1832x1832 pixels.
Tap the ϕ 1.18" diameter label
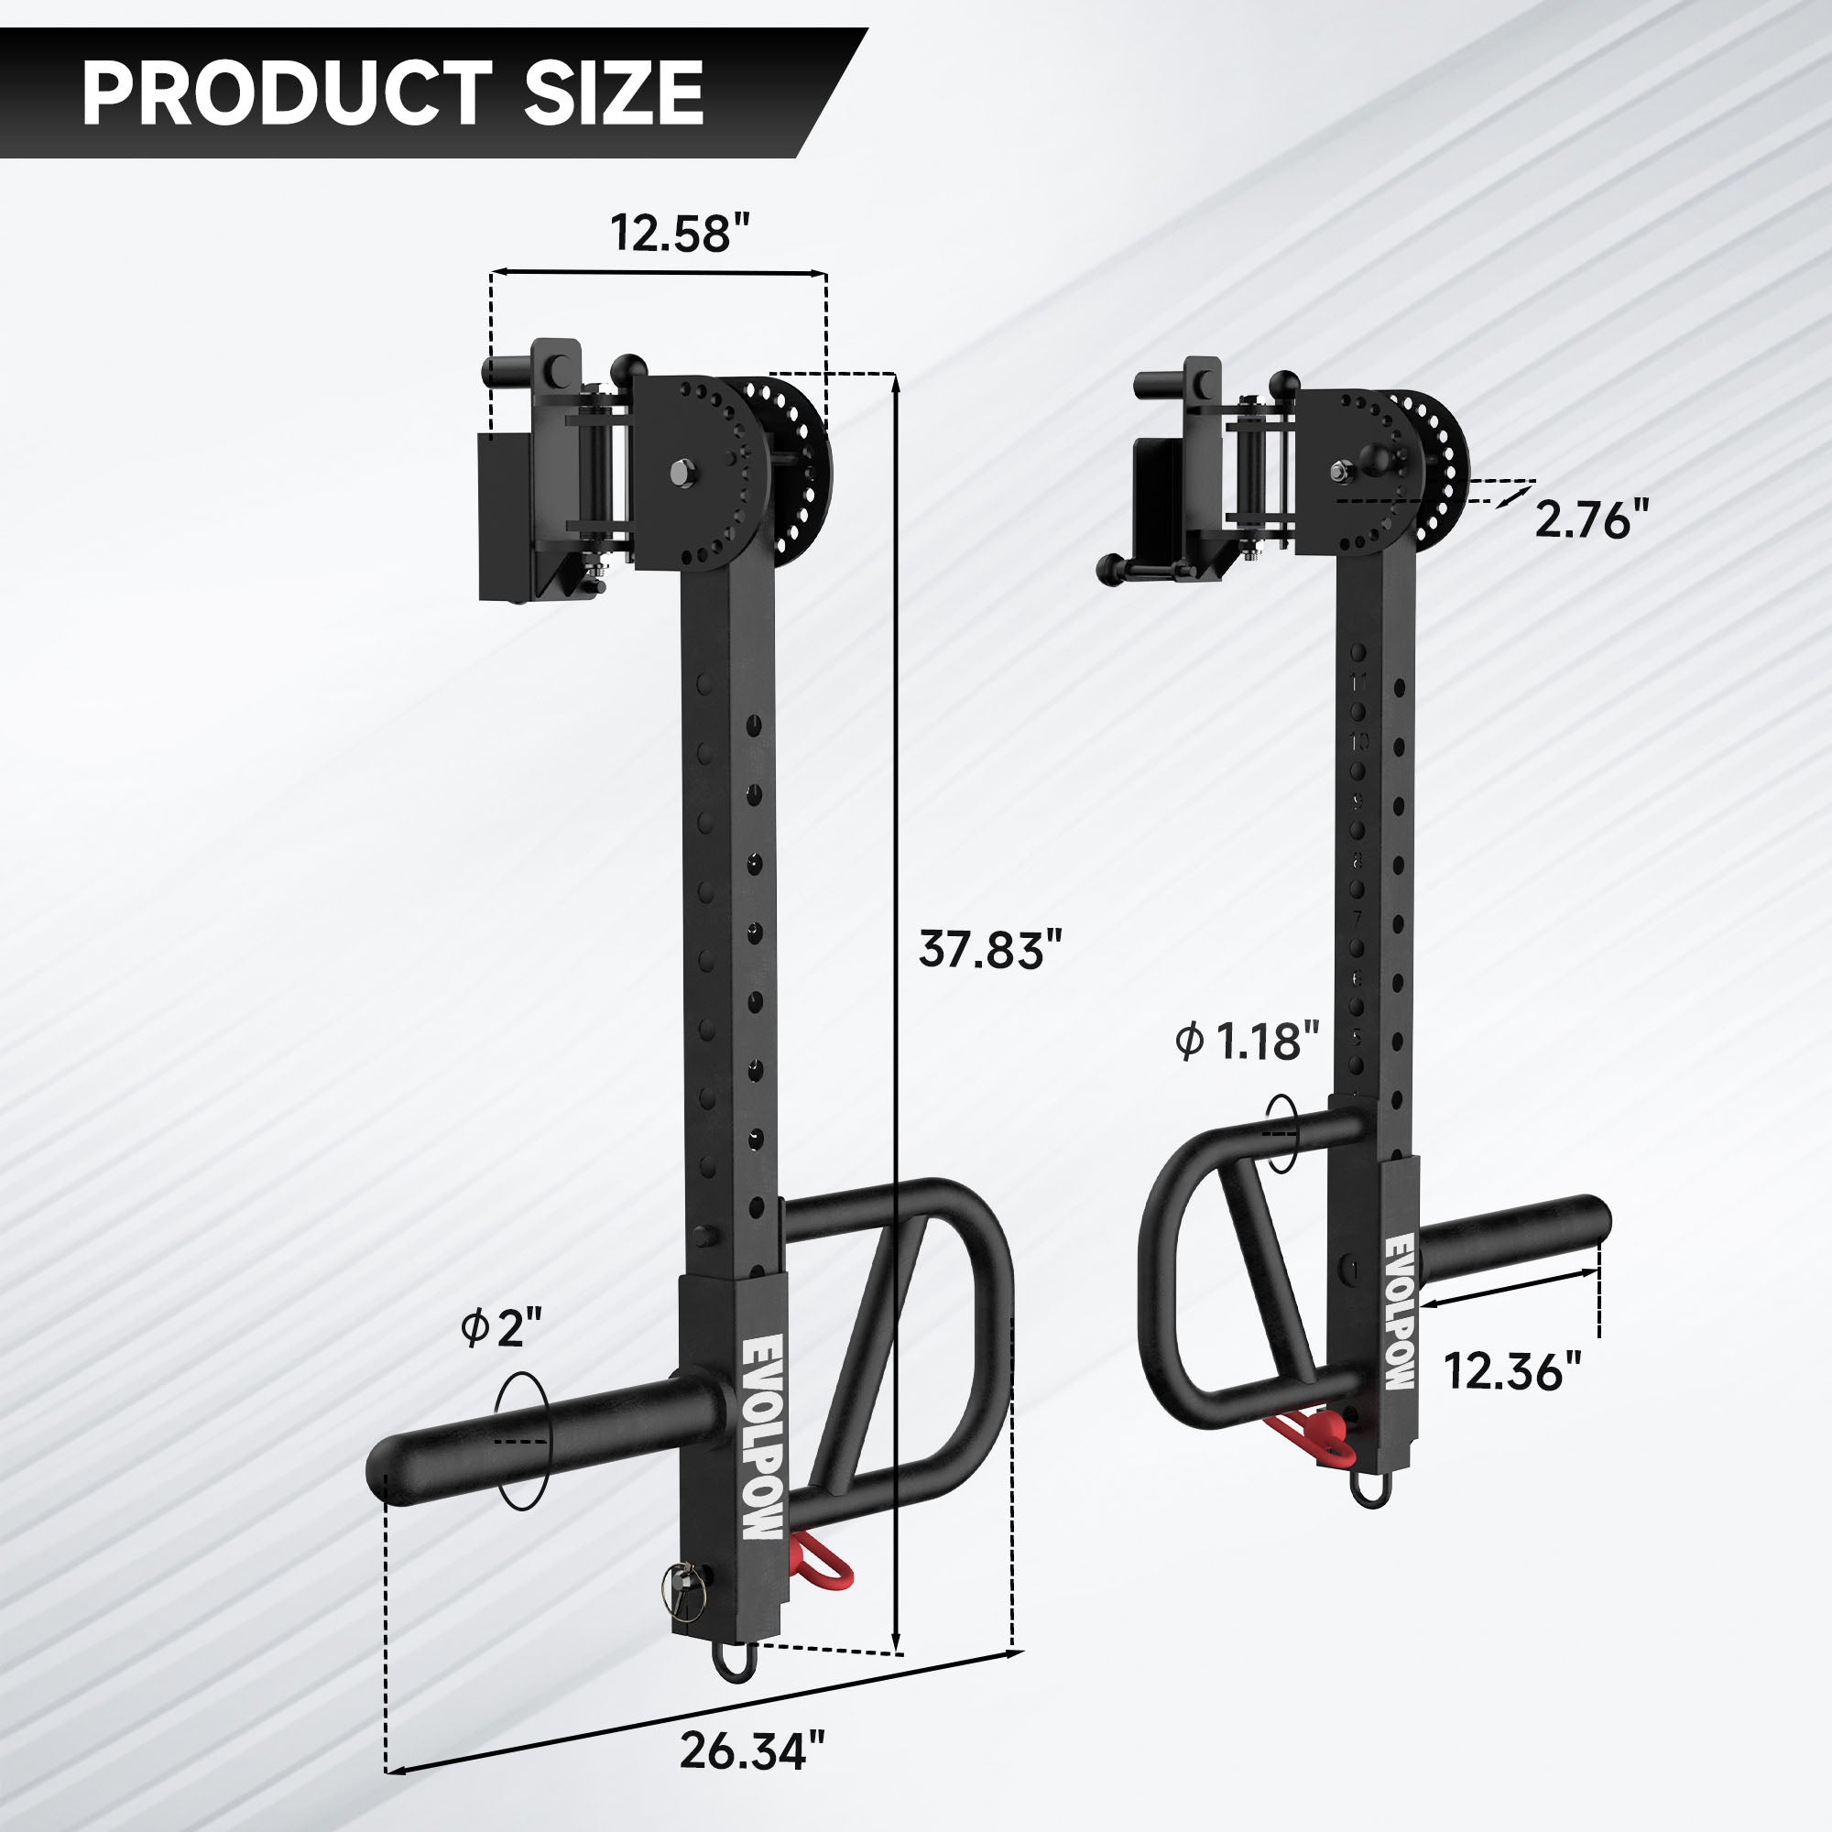tap(1247, 1042)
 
